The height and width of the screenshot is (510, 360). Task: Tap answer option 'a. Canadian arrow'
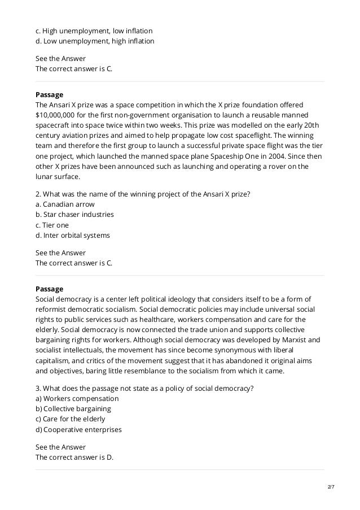[x=65, y=204]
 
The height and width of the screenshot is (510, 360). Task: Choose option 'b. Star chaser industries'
[x=74, y=215]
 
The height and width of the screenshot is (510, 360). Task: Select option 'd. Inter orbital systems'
[x=73, y=235]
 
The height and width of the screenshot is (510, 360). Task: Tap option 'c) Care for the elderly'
[x=70, y=419]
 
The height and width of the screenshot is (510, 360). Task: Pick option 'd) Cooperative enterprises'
[x=78, y=429]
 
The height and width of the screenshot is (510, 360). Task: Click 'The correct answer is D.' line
[x=74, y=457]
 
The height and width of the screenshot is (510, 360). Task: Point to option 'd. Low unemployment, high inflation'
[x=94, y=41]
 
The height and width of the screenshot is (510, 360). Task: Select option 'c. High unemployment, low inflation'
[x=94, y=30]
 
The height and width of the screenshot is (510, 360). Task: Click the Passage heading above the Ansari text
[x=49, y=94]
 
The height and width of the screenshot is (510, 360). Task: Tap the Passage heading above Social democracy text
[x=49, y=289]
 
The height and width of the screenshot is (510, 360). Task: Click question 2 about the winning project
[x=143, y=194]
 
